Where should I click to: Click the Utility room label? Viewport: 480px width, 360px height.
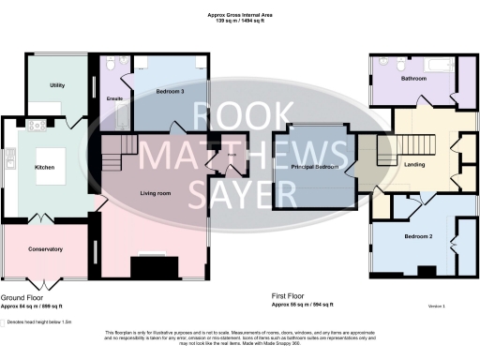point(57,86)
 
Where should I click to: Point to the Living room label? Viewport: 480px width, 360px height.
point(156,193)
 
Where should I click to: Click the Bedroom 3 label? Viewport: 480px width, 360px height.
point(170,91)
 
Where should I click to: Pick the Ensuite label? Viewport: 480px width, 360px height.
point(116,97)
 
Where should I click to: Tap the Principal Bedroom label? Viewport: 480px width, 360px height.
point(314,167)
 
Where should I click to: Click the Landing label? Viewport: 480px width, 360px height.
point(413,166)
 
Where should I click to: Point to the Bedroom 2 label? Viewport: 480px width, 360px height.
point(416,236)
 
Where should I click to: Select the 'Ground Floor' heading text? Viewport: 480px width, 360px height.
point(20,298)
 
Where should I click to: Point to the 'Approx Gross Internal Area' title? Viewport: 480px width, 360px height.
point(240,14)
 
